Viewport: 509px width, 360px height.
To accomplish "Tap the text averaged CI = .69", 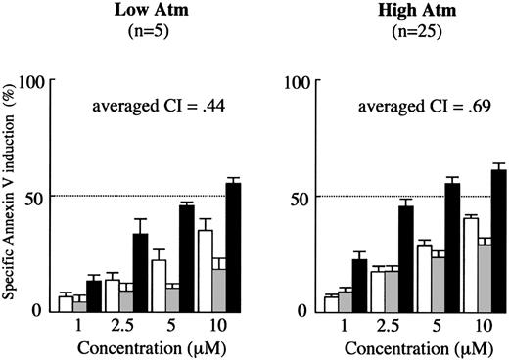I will click(x=400, y=106).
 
